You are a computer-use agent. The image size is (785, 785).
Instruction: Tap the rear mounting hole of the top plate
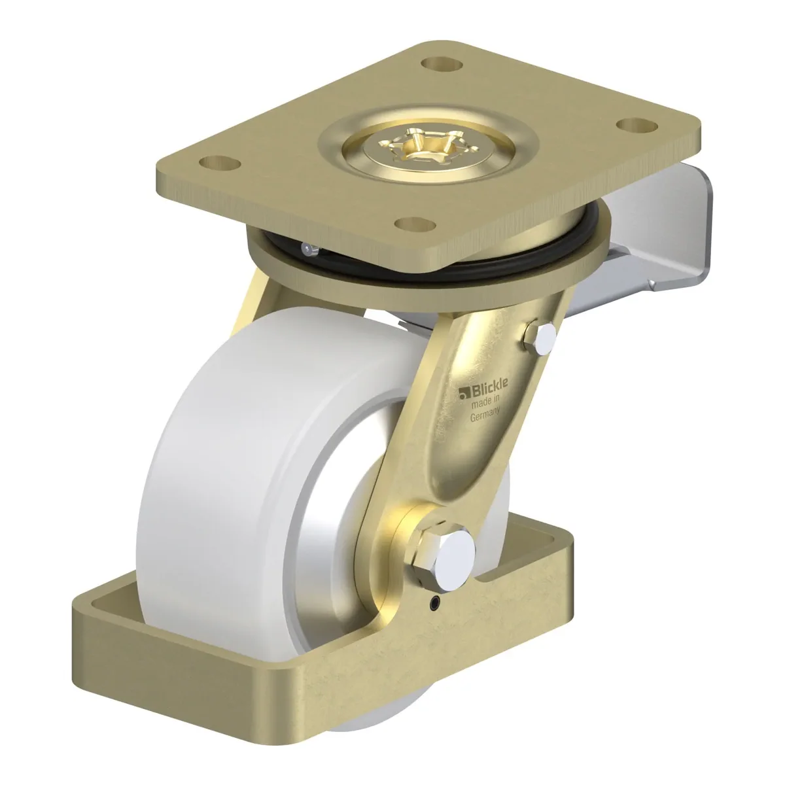point(442,64)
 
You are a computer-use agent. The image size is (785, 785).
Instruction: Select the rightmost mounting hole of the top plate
point(637,125)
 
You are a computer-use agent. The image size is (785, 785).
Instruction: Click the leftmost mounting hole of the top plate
point(220,164)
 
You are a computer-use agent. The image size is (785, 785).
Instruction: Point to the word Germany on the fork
point(485,416)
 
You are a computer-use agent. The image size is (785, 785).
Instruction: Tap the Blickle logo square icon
point(464,393)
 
